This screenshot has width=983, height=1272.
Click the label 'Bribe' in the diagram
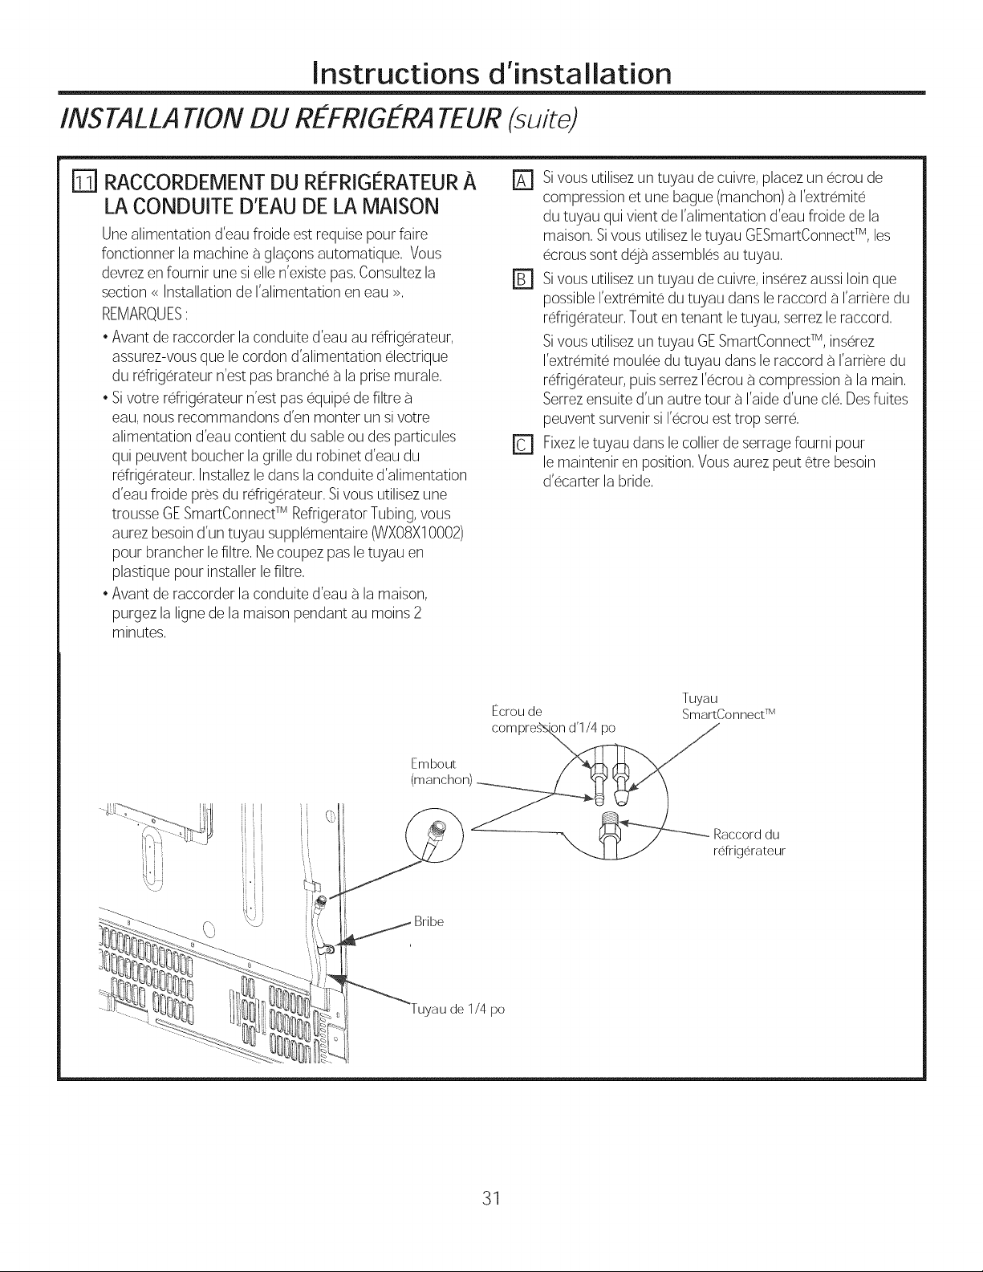coord(428,920)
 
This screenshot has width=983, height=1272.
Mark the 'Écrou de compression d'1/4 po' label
coord(551,719)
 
